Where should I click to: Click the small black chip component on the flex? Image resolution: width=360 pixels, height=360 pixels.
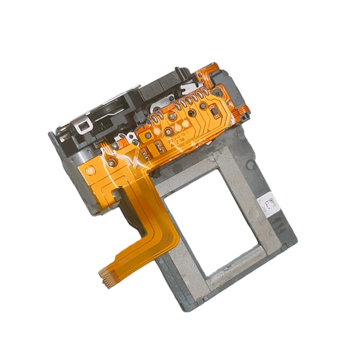pos(216,111)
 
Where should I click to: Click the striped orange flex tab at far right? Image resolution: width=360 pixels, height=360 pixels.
pos(244,112)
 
